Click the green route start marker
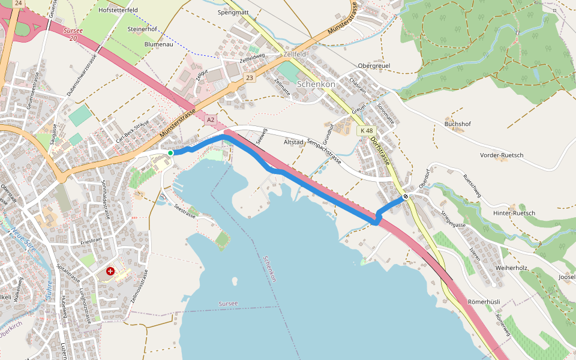pos(170,154)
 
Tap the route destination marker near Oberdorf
pos(406,196)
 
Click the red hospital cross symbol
pos(110,271)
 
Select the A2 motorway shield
pos(210,120)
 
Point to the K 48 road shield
pos(365,130)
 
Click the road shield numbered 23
pos(250,77)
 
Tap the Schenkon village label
pos(316,85)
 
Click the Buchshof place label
pos(458,124)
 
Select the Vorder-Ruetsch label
pos(502,155)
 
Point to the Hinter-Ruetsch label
pos(514,214)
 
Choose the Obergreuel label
pos(374,65)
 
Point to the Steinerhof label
pos(142,29)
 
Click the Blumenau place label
pos(158,44)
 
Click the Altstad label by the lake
pos(294,142)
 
